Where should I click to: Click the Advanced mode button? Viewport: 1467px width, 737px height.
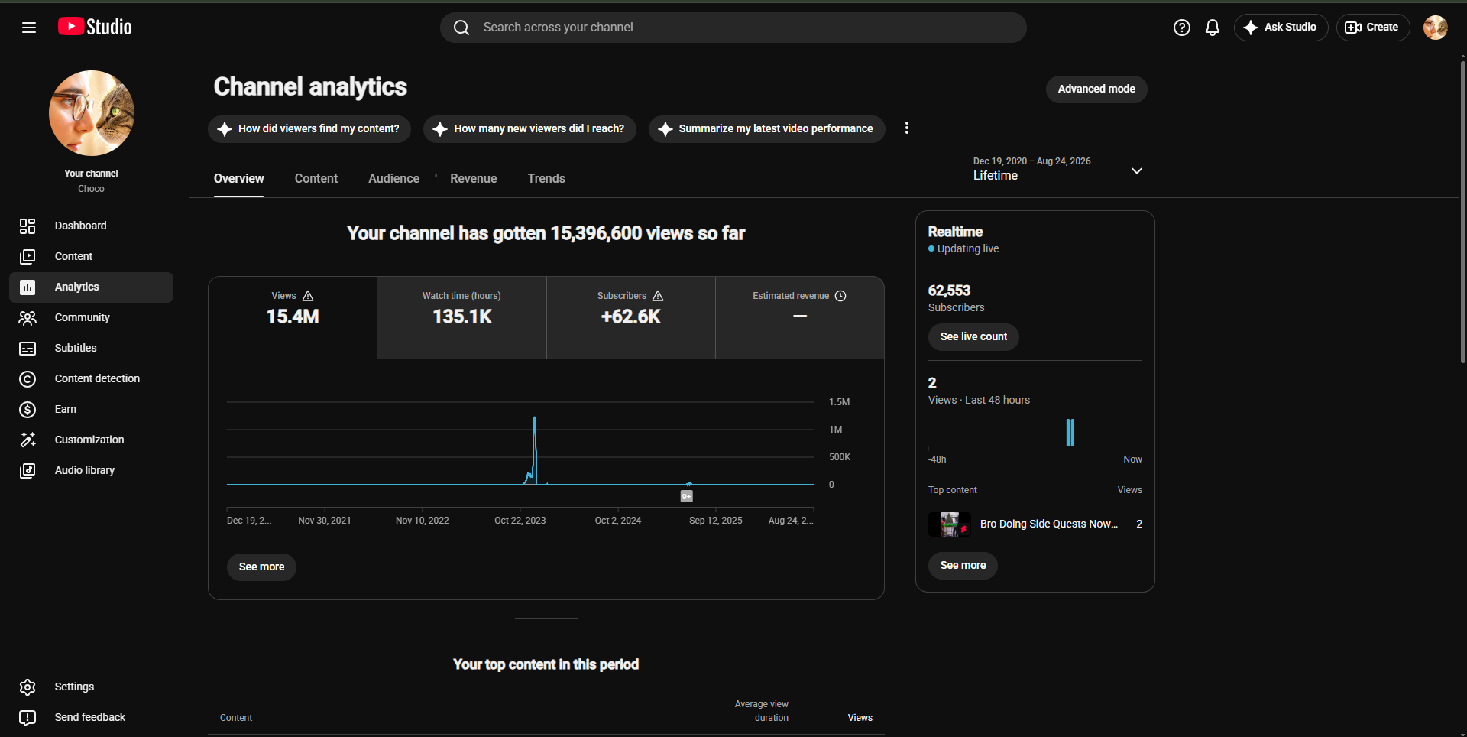pos(1096,89)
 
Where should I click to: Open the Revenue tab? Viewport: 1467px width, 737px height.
pos(474,178)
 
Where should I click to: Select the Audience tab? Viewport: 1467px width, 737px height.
pos(393,178)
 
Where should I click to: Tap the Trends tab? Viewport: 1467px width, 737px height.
pos(546,178)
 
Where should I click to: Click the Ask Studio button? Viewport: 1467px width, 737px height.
pos(1281,28)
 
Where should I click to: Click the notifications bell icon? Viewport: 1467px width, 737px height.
pos(1213,28)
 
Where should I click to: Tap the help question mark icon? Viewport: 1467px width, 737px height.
pos(1182,28)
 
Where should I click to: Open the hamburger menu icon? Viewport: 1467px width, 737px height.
pos(29,28)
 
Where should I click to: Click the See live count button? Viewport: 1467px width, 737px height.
pos(973,337)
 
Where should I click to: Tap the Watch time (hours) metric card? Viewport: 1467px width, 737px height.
pos(461,318)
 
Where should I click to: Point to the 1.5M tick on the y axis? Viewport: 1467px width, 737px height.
pos(839,402)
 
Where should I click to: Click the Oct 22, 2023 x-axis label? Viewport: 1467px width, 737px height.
pos(520,521)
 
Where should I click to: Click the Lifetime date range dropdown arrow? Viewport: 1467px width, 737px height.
pos(1137,170)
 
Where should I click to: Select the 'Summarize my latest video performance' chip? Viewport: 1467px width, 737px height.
pos(766,129)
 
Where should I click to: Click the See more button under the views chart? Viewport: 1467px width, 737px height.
pos(261,567)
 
